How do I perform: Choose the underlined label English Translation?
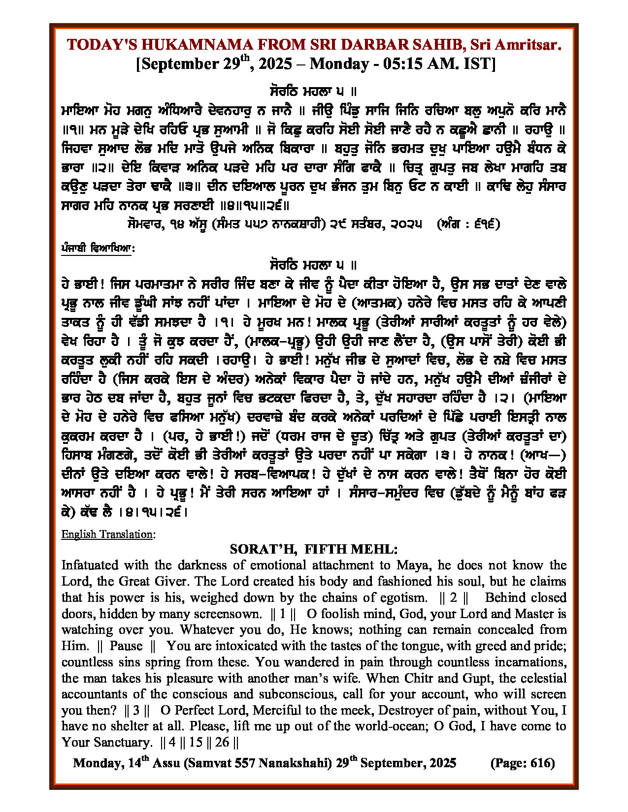click(107, 534)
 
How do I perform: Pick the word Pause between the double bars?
click(126, 646)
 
